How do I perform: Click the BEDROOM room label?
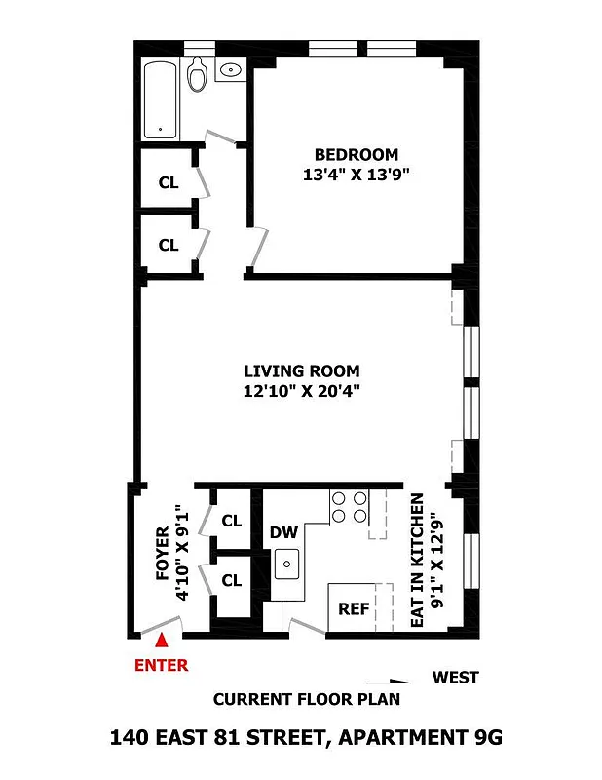click(x=356, y=154)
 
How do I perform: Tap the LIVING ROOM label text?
click(x=301, y=370)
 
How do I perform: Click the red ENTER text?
click(x=161, y=666)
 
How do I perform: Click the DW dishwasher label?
click(x=283, y=532)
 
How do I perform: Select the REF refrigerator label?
click(x=354, y=608)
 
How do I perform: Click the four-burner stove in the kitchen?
click(x=350, y=506)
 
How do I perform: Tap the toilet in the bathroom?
click(x=198, y=74)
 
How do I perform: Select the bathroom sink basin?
click(x=231, y=70)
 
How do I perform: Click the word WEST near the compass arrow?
click(x=456, y=678)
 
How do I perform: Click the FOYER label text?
click(x=162, y=553)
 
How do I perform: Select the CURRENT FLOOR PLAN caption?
click(x=306, y=699)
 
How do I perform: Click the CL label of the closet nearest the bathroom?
click(x=169, y=182)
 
